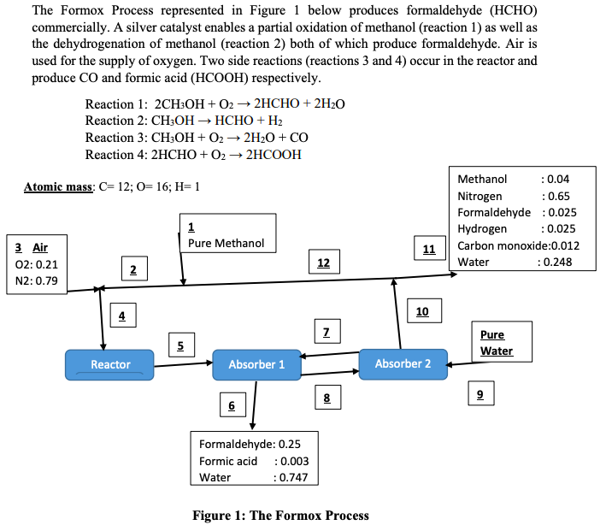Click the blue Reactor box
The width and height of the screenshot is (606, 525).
tap(110, 365)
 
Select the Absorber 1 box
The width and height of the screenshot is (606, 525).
tap(256, 365)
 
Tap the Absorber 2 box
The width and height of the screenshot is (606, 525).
tap(403, 363)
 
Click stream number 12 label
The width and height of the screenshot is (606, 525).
tap(323, 262)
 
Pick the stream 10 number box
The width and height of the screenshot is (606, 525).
tap(422, 311)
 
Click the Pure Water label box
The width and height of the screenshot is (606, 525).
tap(499, 342)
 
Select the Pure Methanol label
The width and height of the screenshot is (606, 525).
tap(227, 243)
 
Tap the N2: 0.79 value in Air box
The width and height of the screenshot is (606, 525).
tap(35, 280)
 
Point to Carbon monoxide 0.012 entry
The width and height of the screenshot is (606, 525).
tap(519, 245)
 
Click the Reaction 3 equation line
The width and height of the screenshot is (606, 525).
tap(197, 138)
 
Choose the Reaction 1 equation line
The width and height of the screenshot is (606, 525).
tap(215, 103)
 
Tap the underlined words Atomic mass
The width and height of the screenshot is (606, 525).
tap(58, 187)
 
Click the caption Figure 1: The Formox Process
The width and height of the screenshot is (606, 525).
tap(280, 515)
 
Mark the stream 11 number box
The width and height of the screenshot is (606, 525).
tap(429, 249)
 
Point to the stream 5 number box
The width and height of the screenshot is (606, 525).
tap(180, 345)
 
